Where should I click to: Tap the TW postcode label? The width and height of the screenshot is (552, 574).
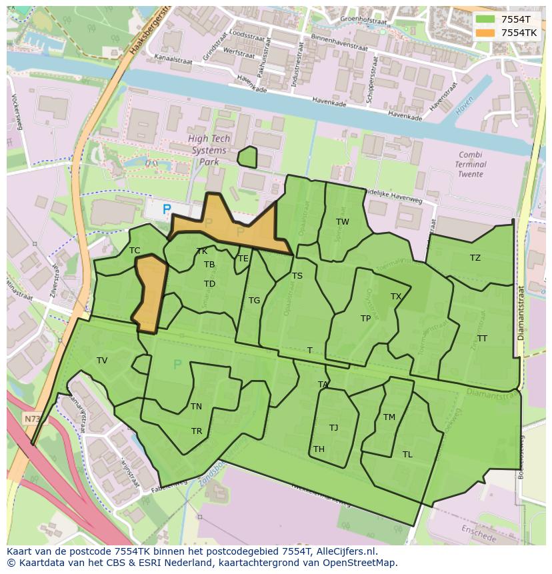click(x=342, y=222)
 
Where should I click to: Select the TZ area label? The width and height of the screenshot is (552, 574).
click(x=475, y=258)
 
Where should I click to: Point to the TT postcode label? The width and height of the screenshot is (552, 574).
click(x=482, y=339)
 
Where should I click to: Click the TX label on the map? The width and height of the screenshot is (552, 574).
click(x=396, y=297)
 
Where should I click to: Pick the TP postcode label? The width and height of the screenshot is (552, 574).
click(x=365, y=319)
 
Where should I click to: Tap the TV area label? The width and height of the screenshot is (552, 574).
click(x=102, y=361)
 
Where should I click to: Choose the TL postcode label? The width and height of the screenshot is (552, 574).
click(x=407, y=455)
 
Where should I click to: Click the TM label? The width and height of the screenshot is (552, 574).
click(x=389, y=417)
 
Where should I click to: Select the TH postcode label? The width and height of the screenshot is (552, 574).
click(x=319, y=449)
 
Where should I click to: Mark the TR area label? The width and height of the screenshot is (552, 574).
click(x=197, y=431)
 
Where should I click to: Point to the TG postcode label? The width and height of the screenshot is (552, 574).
click(x=254, y=301)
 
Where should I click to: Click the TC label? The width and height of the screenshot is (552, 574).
click(x=135, y=251)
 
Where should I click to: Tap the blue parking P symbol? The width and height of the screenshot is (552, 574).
click(x=167, y=209)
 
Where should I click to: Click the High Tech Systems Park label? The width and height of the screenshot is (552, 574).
click(x=209, y=150)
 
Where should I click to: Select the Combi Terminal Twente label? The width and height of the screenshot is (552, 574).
click(x=470, y=164)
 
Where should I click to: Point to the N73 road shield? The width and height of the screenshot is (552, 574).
click(x=31, y=419)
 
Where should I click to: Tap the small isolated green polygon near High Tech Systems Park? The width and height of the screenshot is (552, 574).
click(x=247, y=157)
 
